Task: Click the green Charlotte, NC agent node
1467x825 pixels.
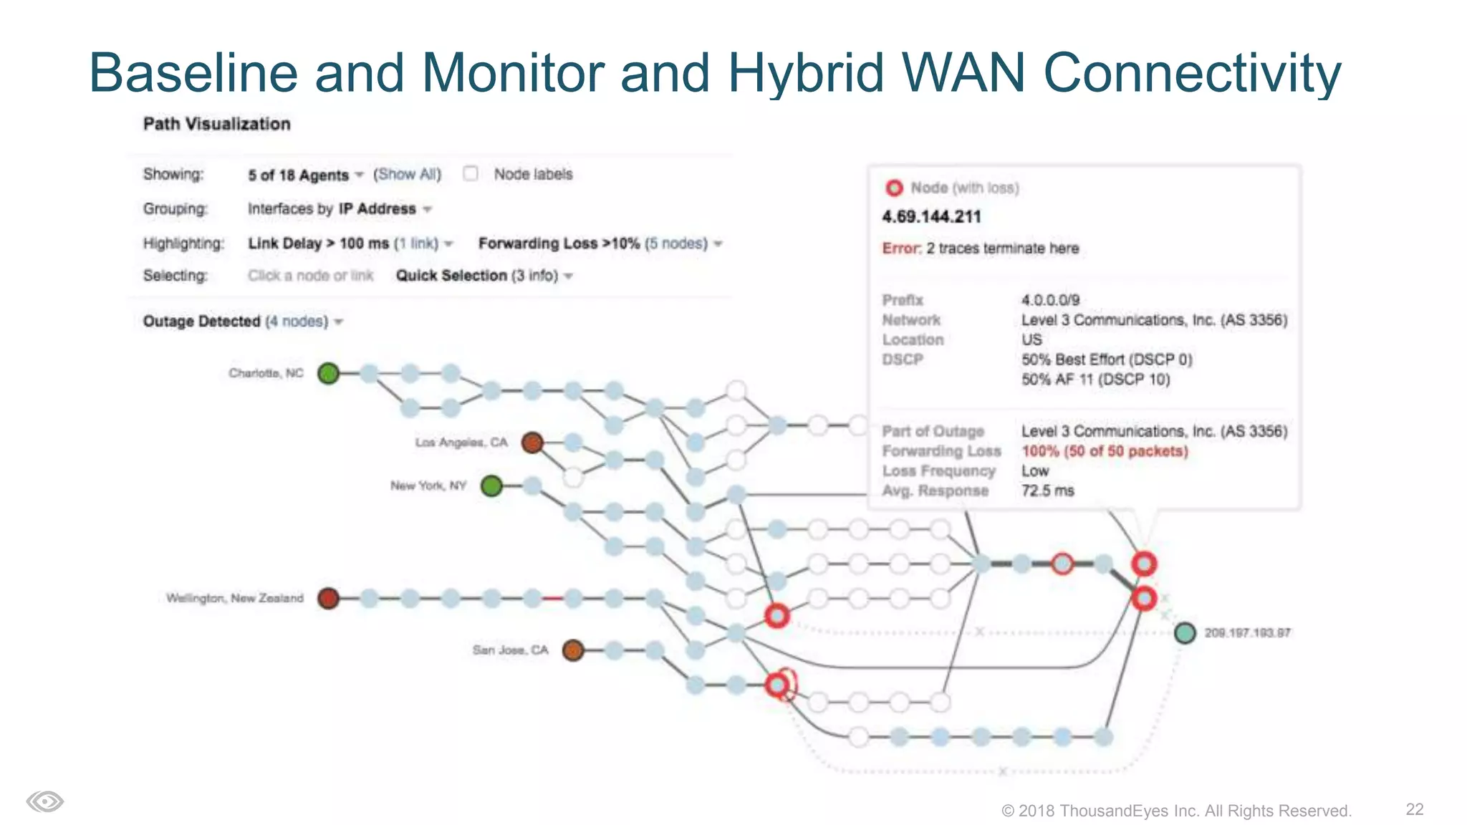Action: (x=328, y=373)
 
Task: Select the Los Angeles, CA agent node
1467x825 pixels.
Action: (x=532, y=443)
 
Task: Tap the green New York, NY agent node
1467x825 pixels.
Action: (x=491, y=486)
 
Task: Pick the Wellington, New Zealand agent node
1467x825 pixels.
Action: (x=328, y=598)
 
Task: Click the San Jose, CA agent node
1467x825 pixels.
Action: (x=572, y=650)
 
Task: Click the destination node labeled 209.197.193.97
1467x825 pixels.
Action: (x=1185, y=633)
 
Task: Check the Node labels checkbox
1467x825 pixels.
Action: (x=471, y=174)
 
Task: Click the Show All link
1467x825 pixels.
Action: (x=407, y=174)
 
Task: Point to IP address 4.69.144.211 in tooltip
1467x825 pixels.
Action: (x=931, y=217)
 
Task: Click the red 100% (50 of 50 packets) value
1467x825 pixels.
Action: (x=1105, y=451)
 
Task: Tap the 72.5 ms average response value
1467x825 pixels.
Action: (x=1047, y=491)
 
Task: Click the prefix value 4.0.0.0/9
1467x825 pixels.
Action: (x=1050, y=300)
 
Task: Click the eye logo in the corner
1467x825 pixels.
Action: (x=45, y=801)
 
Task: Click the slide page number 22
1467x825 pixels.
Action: (x=1414, y=809)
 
